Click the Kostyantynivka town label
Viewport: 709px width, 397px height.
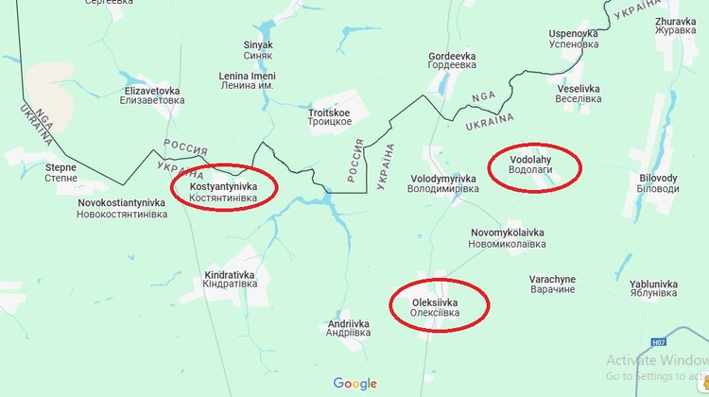(x=223, y=193)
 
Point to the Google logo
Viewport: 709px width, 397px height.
(x=354, y=384)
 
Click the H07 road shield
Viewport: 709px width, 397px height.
(x=659, y=343)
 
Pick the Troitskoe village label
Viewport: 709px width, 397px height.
(x=330, y=118)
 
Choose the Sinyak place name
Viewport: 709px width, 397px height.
(x=258, y=49)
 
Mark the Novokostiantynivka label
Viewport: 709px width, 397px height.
(x=122, y=208)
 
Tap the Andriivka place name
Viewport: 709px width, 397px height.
(x=349, y=328)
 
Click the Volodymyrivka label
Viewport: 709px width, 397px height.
(x=444, y=183)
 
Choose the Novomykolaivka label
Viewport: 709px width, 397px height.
(x=508, y=238)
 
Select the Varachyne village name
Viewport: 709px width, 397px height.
(x=552, y=285)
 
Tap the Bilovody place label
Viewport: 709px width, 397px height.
(x=659, y=183)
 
